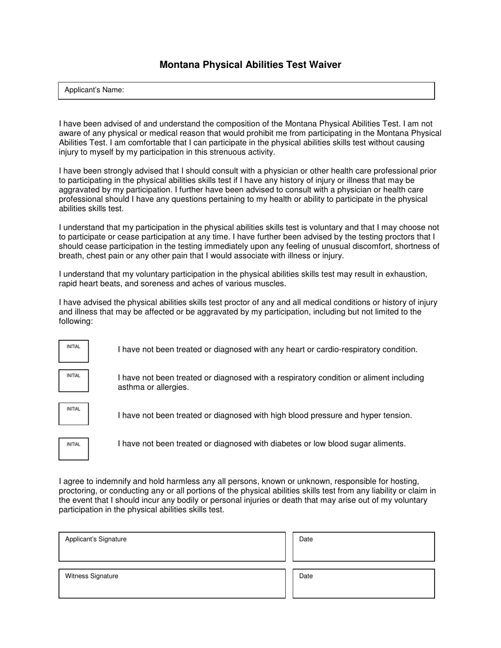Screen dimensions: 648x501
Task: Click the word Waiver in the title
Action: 325,65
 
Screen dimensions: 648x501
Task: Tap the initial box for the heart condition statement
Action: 73,351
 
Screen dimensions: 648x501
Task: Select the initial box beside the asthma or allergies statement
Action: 73,381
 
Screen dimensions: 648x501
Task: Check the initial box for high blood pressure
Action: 73,414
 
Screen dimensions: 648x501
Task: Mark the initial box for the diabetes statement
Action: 73,449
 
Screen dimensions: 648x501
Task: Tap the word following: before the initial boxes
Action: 76,321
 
